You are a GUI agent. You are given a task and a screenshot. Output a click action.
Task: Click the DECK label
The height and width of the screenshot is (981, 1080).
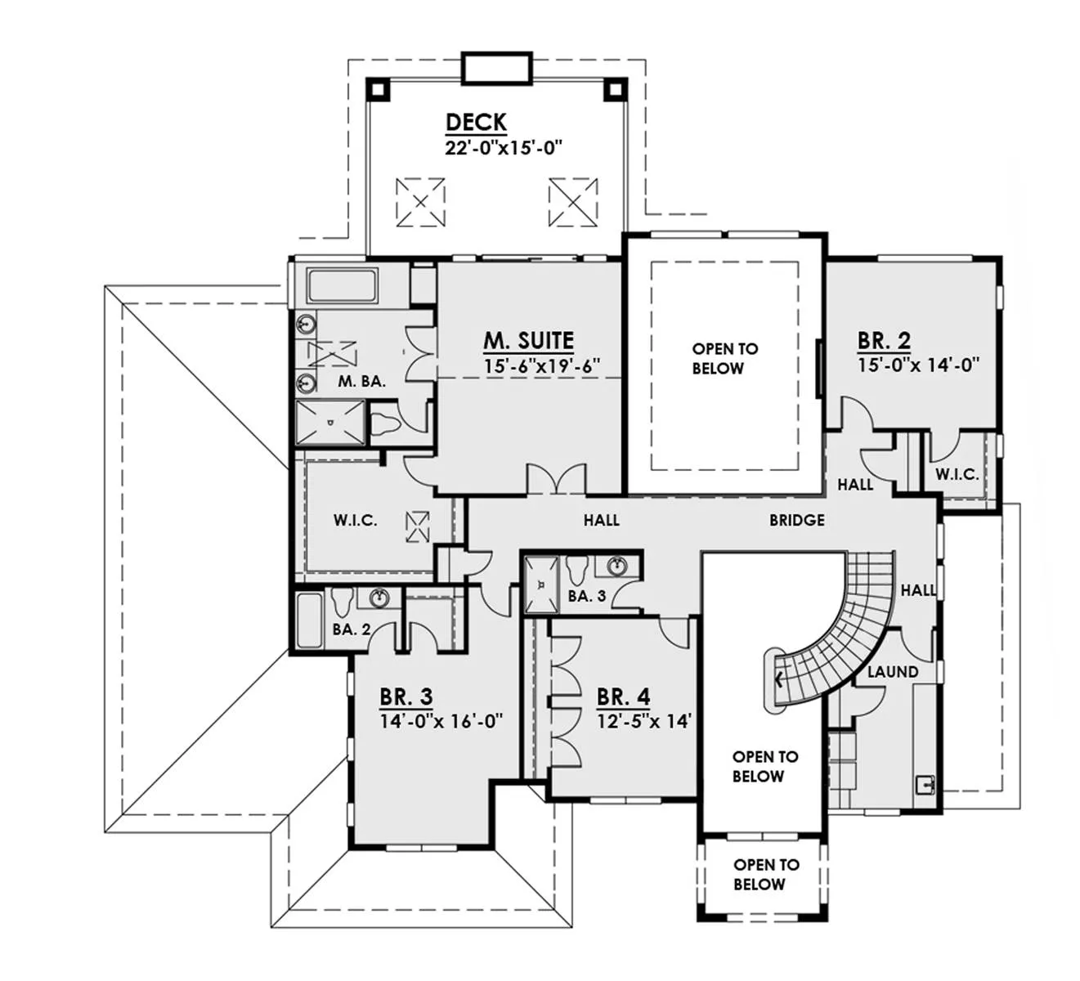[x=476, y=123]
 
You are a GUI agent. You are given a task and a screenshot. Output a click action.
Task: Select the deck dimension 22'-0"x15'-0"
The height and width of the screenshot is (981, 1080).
[x=504, y=147]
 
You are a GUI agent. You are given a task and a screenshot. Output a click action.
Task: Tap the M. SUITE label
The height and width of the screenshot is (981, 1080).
[x=529, y=341]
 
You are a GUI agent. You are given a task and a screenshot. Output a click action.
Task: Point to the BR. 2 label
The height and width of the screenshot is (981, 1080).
[x=884, y=340]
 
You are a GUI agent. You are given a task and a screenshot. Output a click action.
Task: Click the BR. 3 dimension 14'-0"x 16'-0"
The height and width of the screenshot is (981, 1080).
[x=441, y=721]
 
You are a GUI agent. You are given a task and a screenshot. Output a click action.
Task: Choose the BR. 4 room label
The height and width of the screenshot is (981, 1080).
[x=624, y=697]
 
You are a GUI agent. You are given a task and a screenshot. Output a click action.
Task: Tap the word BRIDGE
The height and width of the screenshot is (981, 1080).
[x=797, y=520]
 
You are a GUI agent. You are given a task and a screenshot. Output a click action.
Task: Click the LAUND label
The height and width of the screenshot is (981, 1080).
[x=893, y=672]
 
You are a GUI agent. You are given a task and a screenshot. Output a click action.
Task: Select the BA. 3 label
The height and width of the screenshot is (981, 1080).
[x=587, y=596]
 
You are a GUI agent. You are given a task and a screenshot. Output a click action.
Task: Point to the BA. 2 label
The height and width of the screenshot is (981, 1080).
[x=352, y=629]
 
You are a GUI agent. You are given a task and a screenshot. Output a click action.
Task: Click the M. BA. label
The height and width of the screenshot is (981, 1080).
[x=362, y=382]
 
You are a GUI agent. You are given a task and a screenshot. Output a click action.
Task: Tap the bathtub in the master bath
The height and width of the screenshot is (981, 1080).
[x=342, y=286]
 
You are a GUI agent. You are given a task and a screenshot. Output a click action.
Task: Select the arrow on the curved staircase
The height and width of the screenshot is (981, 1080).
[x=779, y=679]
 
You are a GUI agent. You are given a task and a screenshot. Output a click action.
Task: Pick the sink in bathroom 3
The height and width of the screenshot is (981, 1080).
[x=617, y=566]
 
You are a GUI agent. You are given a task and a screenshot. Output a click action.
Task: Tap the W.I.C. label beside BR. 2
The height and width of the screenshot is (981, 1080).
[x=957, y=474]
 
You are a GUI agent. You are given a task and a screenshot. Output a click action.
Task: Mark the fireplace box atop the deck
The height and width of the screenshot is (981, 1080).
[x=497, y=68]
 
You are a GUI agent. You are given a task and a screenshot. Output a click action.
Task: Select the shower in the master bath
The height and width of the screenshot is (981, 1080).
[x=330, y=423]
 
